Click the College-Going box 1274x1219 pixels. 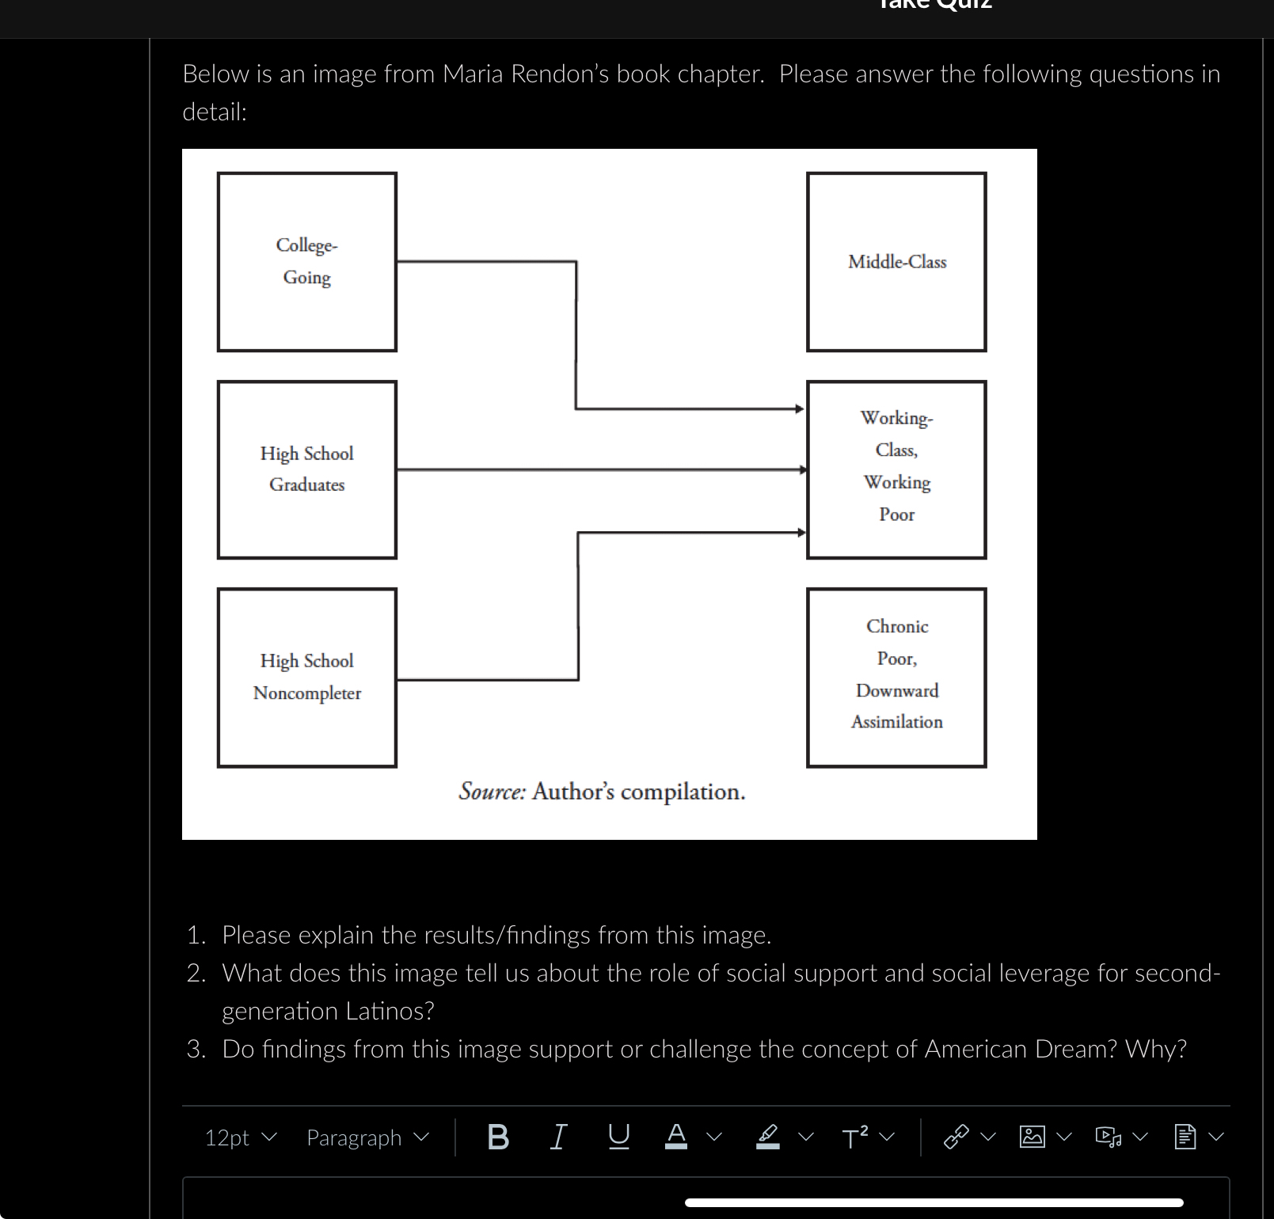point(307,262)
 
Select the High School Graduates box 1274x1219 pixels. point(307,469)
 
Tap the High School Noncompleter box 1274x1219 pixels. point(307,678)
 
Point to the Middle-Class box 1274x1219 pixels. point(896,262)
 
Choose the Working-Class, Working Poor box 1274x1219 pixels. point(896,469)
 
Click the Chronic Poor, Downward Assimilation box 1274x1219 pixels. point(896,678)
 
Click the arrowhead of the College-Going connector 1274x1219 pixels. point(800,409)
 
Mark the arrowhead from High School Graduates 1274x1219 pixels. point(802,469)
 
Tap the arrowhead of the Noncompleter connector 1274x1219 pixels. point(801,533)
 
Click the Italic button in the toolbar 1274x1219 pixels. point(558,1137)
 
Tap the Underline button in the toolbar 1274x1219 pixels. point(618,1137)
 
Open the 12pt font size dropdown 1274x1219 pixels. point(241,1137)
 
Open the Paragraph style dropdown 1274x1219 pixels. point(367,1137)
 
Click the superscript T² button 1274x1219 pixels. point(855,1137)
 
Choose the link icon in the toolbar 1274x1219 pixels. point(956,1137)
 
